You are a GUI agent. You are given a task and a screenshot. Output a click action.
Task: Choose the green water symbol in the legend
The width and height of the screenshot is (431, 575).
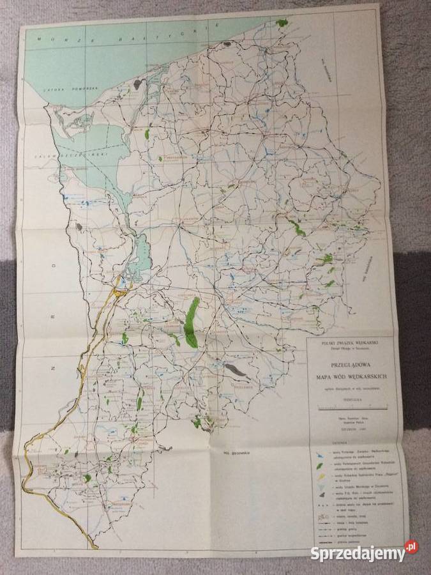pyautogui.click(x=319, y=467)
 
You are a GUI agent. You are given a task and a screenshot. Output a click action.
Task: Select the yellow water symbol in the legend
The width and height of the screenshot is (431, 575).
pyautogui.click(x=319, y=479)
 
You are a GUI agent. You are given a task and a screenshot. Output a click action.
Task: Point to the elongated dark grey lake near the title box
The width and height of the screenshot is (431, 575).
pyautogui.click(x=236, y=369)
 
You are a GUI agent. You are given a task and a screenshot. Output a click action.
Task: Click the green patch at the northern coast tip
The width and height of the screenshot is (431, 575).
pyautogui.click(x=281, y=23)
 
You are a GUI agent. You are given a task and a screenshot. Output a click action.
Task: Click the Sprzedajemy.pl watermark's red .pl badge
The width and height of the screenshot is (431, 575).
pyautogui.click(x=412, y=548)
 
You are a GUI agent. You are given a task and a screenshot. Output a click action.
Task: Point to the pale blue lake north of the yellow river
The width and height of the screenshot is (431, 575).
pyautogui.click(x=144, y=252)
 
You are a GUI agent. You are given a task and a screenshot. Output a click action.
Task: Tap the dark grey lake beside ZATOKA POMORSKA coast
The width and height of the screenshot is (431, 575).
pyautogui.click(x=137, y=84)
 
